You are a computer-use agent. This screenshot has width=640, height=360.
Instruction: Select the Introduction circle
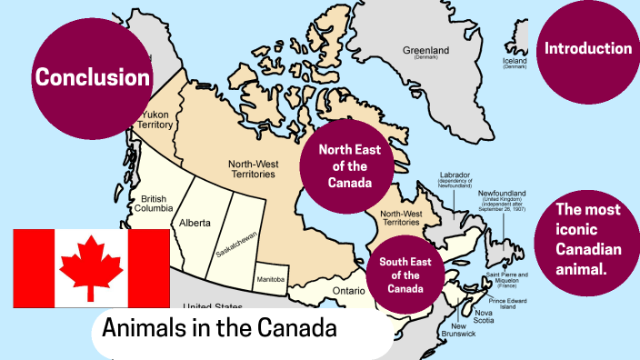coord(587,49)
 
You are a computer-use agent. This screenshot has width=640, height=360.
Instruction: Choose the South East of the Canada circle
coord(412,269)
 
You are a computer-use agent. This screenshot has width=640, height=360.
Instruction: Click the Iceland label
coord(515,61)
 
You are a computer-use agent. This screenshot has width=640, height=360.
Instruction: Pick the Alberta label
coord(195,222)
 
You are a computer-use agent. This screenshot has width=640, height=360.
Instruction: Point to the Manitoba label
coord(272,278)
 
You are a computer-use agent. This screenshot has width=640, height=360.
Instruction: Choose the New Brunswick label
coord(460,330)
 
